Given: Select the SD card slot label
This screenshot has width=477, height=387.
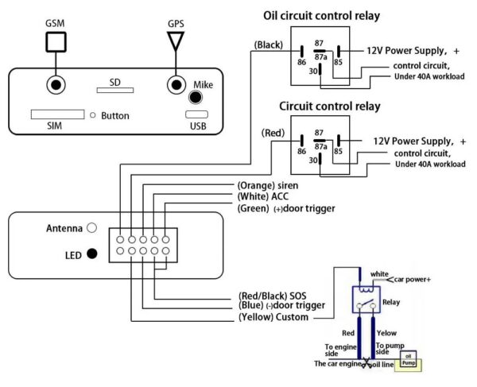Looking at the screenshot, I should coord(116,82).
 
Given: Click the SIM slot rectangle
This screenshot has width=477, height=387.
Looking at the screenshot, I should coord(57,115).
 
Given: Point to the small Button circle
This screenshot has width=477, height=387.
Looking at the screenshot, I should coord(93,116).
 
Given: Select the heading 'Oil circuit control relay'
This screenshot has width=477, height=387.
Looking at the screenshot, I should coord(332,15).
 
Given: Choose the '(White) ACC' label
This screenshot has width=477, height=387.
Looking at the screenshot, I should coord(264,196).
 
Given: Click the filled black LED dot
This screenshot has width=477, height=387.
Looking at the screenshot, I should coord(92,254).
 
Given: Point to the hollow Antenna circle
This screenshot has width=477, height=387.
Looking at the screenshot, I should coord(92,228).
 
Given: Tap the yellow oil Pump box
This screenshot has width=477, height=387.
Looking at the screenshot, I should coord(409,363).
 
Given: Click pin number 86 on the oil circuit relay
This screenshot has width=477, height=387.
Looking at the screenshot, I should coord(302,62).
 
